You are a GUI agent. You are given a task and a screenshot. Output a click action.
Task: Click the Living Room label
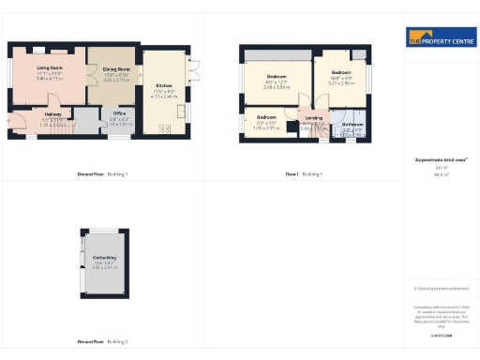click(49, 68)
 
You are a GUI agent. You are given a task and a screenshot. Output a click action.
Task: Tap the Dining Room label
click(116, 69)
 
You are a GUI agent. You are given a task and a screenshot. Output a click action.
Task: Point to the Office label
click(117, 114)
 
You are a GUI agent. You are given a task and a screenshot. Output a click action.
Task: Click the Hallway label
click(53, 114)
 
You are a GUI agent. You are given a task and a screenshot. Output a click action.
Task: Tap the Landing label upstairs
click(313, 116)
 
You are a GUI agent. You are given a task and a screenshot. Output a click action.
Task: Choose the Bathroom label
click(352, 124)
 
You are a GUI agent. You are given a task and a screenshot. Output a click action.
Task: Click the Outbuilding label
click(104, 257)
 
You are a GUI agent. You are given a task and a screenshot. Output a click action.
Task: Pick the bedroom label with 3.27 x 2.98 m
click(340, 72)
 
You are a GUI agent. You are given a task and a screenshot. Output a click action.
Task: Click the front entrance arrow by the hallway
click(8, 120)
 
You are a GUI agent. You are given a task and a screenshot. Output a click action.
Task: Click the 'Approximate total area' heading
click(440, 160)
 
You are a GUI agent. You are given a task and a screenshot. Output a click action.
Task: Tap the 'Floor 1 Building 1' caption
click(304, 174)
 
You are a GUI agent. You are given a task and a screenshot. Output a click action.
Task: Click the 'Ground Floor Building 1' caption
click(102, 174)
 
